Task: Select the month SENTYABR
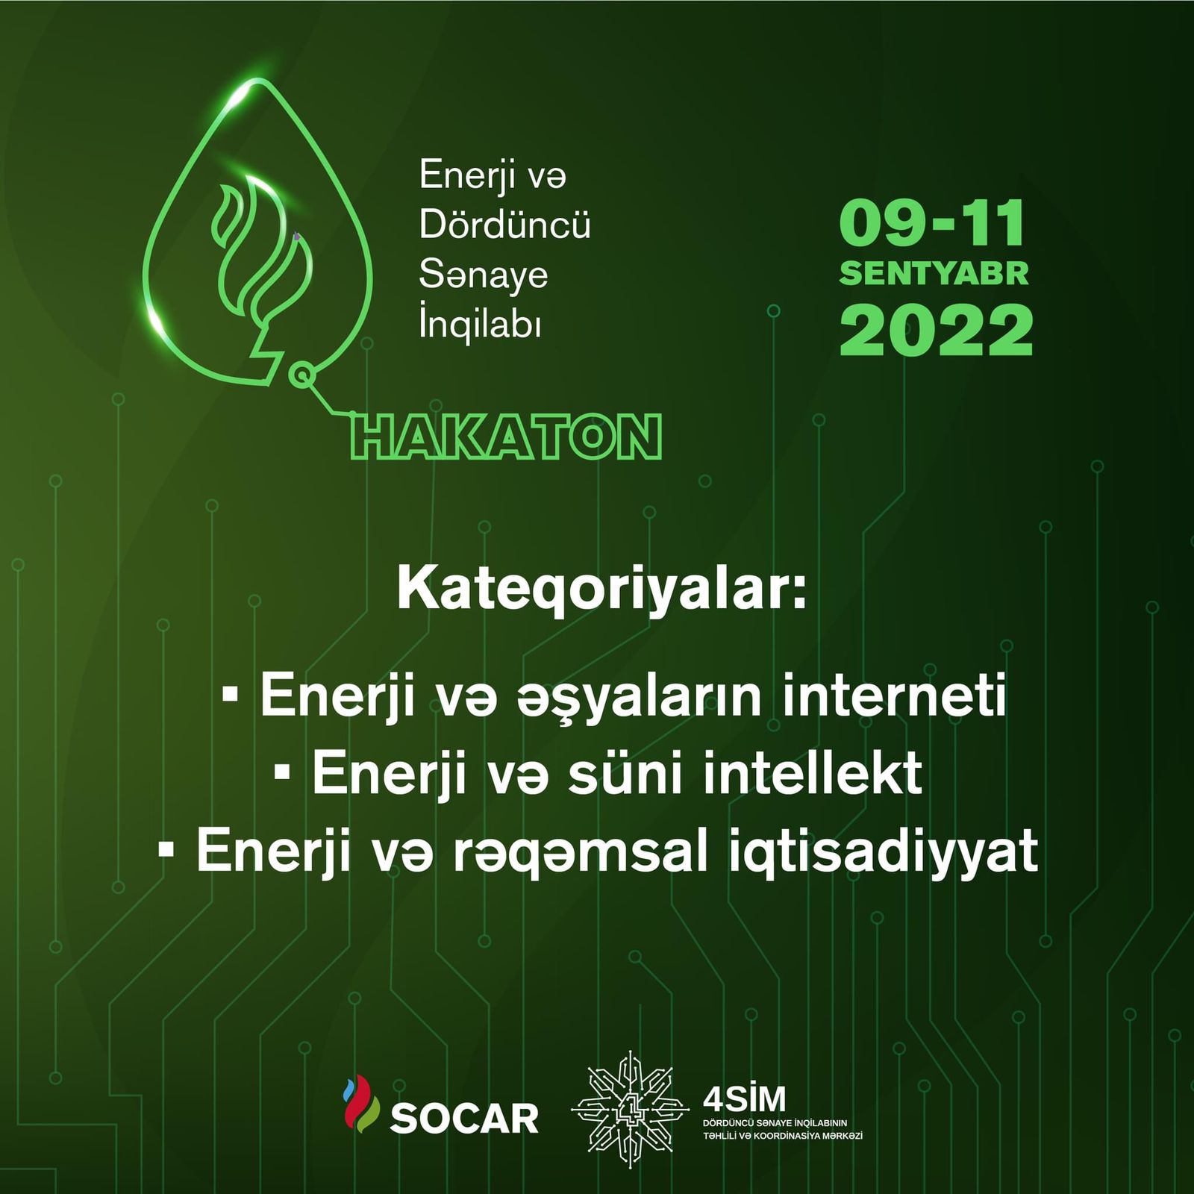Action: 934,273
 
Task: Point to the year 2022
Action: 936,330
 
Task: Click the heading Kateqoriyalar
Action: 601,590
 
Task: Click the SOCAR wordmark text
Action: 463,1118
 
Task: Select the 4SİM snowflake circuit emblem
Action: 631,1110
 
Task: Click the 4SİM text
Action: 744,1098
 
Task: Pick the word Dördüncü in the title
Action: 504,224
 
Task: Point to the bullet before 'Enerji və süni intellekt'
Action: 282,772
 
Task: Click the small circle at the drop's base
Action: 301,375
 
